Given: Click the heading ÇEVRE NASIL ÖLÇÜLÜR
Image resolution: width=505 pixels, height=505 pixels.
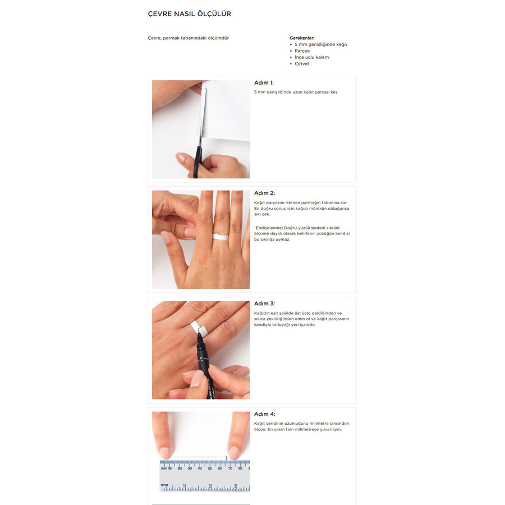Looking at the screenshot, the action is point(190,13).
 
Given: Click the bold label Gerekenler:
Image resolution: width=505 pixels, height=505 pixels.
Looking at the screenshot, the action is point(302,38).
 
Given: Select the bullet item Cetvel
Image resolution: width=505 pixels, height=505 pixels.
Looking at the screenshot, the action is point(301,63).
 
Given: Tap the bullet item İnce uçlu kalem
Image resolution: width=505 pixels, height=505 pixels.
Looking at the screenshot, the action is point(312,57).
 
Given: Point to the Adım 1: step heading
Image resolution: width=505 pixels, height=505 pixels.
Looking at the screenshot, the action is point(264,83).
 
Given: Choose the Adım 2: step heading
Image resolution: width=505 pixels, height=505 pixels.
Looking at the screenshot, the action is point(264,193).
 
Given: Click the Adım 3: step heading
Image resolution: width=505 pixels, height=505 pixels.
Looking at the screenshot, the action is point(264,304).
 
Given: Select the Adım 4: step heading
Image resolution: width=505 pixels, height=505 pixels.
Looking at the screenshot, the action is point(265,414).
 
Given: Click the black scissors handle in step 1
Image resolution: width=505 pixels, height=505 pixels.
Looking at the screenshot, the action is point(196,161).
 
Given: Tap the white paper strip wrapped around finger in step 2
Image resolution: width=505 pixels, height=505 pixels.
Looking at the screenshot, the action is point(221,237).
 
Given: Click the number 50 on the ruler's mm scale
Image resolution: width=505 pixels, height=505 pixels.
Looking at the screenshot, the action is point(210,468).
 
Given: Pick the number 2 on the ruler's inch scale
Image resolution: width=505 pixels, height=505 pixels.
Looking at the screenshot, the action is point(210,486).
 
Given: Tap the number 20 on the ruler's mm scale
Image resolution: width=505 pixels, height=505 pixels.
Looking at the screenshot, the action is point(180,468).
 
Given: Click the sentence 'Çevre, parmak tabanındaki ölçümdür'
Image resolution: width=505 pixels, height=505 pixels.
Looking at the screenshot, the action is point(188,38).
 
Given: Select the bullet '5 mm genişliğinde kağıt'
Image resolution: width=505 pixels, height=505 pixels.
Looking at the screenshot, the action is point(321,44).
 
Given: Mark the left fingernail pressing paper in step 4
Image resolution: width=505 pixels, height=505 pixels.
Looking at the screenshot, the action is point(166,452).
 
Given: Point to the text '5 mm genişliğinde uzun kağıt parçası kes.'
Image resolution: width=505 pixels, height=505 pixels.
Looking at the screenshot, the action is point(296,92).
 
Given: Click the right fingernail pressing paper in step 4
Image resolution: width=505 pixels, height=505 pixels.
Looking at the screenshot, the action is point(234,452).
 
